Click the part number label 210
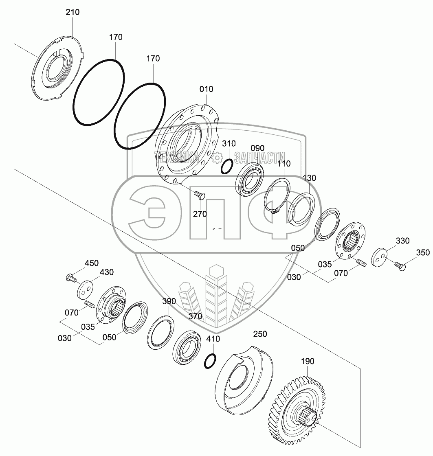pyautogui.click(x=73, y=12)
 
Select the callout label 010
pyautogui.click(x=206, y=89)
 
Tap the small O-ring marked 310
pyautogui.click(x=227, y=167)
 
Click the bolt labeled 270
pyautogui.click(x=199, y=195)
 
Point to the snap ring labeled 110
pyautogui.click(x=277, y=193)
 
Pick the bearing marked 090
pyautogui.click(x=250, y=178)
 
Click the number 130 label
pyautogui.click(x=309, y=178)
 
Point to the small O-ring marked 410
pyautogui.click(x=210, y=361)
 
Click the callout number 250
pyautogui.click(x=260, y=334)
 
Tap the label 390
pyautogui.click(x=169, y=302)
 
